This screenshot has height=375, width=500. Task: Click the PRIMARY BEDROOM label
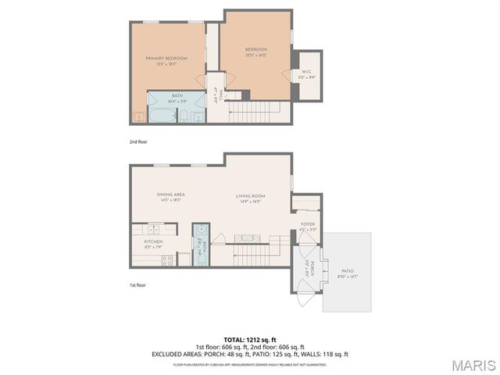click(166, 59)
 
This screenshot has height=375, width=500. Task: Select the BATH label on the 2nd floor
click(177, 95)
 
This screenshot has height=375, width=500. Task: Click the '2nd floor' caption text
click(138, 141)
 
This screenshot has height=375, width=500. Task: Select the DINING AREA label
click(170, 194)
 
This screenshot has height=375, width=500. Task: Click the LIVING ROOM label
click(252, 196)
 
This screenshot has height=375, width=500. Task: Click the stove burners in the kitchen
click(167, 260)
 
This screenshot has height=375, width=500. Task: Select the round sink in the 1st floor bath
click(201, 230)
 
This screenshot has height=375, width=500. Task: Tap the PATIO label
click(347, 271)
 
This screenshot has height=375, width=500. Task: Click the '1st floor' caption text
click(137, 285)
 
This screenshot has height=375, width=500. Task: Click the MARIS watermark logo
click(473, 364)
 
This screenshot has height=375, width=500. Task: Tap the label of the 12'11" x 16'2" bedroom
click(255, 49)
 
